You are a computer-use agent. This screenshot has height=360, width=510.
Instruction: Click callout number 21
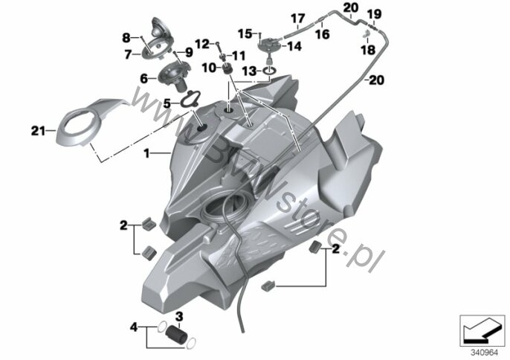(x=38, y=131)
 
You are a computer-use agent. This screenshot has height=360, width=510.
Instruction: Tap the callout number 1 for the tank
(x=147, y=153)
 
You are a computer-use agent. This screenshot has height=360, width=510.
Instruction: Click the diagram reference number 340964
(x=484, y=352)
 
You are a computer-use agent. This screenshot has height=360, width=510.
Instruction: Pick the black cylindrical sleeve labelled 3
(x=176, y=333)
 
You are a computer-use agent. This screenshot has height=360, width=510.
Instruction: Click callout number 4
(x=134, y=327)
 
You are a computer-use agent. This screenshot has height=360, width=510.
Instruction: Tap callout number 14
(x=294, y=46)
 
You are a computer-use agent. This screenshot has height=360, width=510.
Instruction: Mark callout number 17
(x=297, y=19)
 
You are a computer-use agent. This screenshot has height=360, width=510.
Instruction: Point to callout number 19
(x=374, y=14)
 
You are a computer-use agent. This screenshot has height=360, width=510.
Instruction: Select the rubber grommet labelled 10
(x=227, y=70)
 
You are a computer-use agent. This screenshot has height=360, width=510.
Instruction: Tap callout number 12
(x=202, y=44)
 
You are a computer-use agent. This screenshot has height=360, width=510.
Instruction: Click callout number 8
(x=126, y=38)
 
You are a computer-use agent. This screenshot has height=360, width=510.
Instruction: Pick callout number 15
(x=245, y=33)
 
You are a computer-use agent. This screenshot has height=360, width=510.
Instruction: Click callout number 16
(x=323, y=34)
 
